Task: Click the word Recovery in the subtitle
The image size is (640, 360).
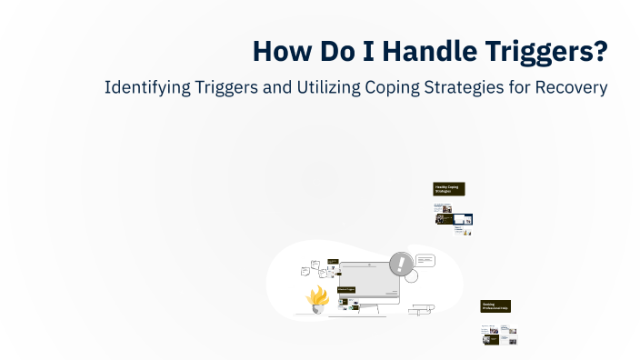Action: pyautogui.click(x=574, y=89)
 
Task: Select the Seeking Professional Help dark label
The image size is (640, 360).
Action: pyautogui.click(x=496, y=307)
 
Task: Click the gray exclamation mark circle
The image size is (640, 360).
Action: pyautogui.click(x=400, y=265)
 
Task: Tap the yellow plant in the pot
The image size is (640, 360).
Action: pyautogui.click(x=317, y=295)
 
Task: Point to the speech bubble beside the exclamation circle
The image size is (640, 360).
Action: pyautogui.click(x=425, y=260)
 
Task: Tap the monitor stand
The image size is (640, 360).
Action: pyautogui.click(x=370, y=309)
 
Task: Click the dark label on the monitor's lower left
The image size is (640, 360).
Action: pyautogui.click(x=345, y=289)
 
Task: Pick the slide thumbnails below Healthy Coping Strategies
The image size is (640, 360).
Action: pyautogui.click(x=453, y=218)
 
